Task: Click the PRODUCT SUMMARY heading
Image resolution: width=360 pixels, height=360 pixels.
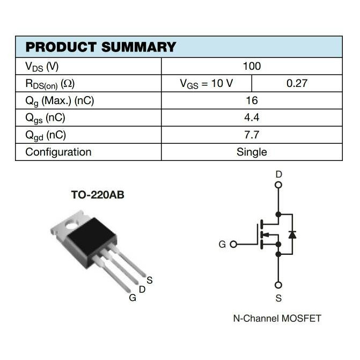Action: pos(101,47)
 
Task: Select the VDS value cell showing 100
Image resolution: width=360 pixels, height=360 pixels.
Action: pos(252,66)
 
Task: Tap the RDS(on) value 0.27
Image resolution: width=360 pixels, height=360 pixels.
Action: pos(297,83)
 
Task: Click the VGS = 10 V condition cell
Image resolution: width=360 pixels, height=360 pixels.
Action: pos(207,83)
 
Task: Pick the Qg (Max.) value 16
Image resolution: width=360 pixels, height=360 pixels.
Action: pos(252,100)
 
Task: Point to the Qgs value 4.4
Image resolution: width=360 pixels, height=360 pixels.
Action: pos(252,117)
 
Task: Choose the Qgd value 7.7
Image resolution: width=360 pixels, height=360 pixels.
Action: pos(252,135)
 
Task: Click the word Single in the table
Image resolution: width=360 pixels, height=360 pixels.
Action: pos(252,152)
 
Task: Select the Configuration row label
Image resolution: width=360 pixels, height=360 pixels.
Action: pos(58,152)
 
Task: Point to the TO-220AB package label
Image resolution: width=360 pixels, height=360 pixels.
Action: pos(98,195)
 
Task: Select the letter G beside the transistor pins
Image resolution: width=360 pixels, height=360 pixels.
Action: pos(133,298)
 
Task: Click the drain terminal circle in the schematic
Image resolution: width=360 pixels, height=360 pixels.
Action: pos(278,186)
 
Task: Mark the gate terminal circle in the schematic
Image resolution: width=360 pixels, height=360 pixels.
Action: pos(233,244)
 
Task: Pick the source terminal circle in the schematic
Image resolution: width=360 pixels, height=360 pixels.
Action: pos(278,285)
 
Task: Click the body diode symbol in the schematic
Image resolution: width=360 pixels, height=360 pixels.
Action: pos(292,234)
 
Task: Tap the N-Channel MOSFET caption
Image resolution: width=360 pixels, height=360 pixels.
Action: pos(277,318)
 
